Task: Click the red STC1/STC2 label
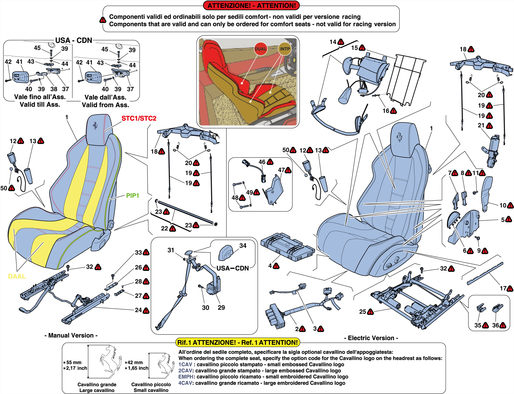tap(139, 118)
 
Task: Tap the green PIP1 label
tap(132, 195)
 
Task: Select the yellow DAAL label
tap(17, 276)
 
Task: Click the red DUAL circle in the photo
tap(261, 49)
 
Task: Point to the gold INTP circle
tap(285, 49)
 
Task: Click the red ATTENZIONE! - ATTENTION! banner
tap(251, 6)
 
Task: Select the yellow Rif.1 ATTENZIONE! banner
tap(237, 342)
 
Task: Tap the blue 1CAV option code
tap(185, 364)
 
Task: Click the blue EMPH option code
tap(186, 377)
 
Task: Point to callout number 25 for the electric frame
tap(362, 312)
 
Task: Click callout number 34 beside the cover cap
tap(243, 246)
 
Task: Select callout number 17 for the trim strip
tap(503, 288)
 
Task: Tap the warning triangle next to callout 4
tap(276, 266)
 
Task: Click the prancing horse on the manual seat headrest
tap(95, 126)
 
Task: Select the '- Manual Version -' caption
tap(71, 336)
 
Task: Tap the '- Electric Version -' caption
tap(371, 338)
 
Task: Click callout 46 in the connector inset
tap(262, 162)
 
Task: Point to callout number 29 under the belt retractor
tap(221, 308)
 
